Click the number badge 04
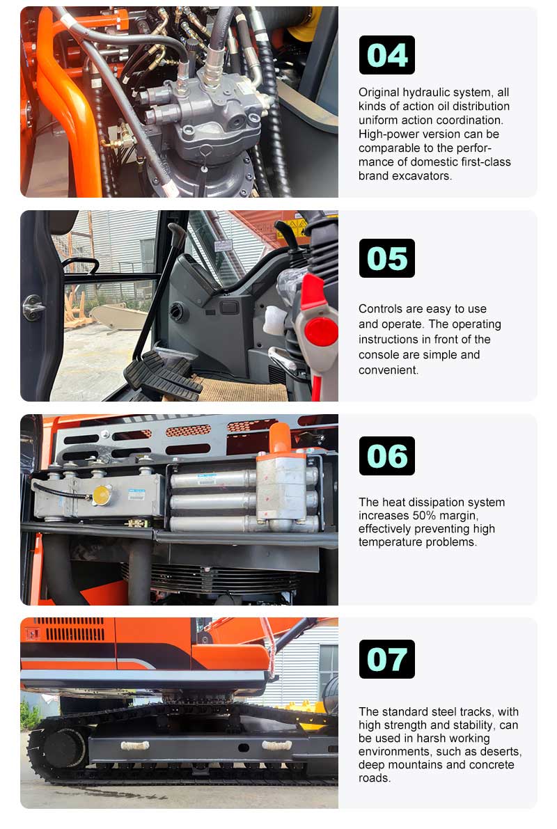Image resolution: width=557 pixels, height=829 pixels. [386, 55]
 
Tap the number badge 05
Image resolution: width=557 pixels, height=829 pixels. [386, 258]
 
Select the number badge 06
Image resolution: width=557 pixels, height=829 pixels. [386, 456]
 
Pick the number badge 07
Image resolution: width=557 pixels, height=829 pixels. [386, 659]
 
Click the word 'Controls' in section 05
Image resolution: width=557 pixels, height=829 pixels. [382, 308]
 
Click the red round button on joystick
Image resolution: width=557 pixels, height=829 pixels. [322, 331]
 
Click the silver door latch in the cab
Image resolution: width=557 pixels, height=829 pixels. [32, 307]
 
